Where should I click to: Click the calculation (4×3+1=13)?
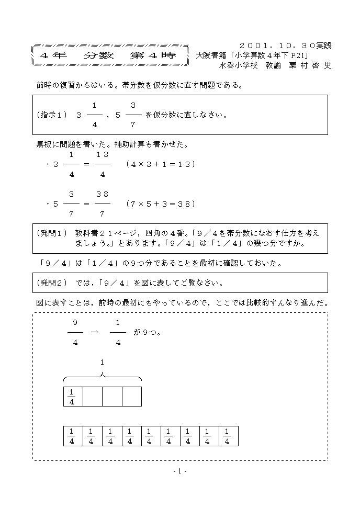click(x=161, y=164)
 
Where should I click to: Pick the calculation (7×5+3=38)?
click(x=161, y=204)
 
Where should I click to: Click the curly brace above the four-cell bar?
click(x=103, y=377)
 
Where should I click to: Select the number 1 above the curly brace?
click(x=103, y=362)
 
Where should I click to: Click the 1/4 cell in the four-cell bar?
click(x=72, y=397)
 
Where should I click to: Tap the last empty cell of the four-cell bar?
click(x=132, y=397)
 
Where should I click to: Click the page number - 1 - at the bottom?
click(x=179, y=471)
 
